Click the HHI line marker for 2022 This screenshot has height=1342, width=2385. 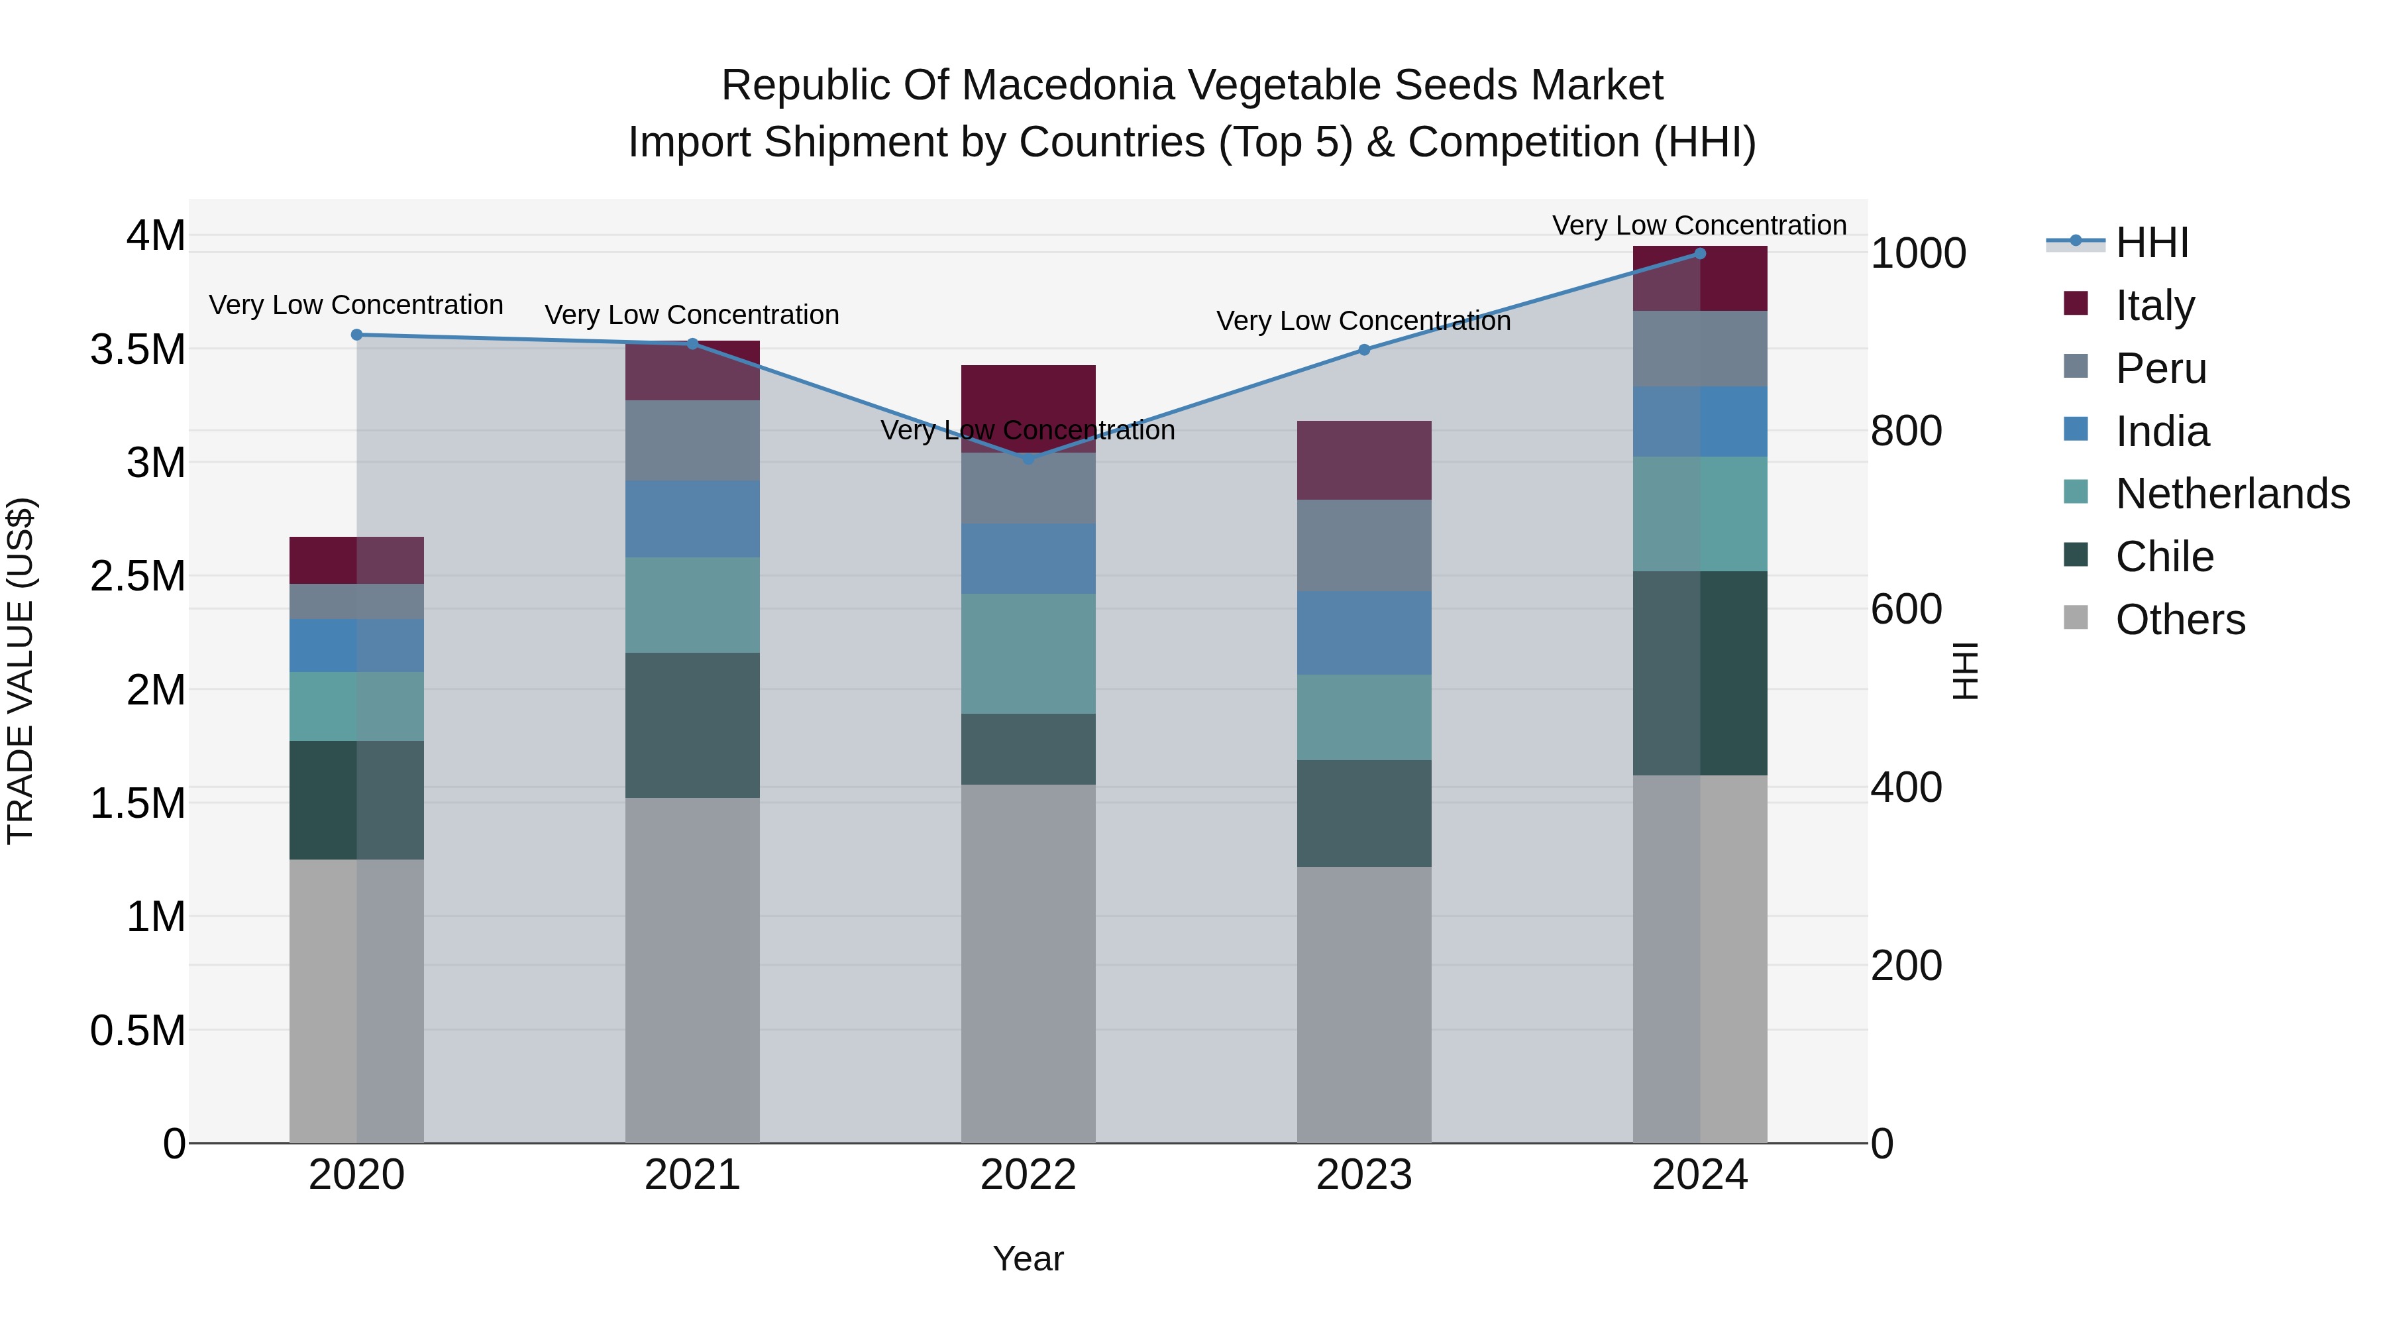tap(1028, 459)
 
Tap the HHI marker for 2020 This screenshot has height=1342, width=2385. tap(356, 335)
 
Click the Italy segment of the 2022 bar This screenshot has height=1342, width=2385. tap(1028, 408)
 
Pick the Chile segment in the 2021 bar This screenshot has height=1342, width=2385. tap(692, 724)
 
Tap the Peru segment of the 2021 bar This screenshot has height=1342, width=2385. tap(692, 440)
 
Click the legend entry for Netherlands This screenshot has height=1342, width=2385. tap(2231, 494)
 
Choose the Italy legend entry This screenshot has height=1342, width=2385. tap(2154, 305)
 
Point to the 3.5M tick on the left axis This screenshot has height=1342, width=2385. tap(138, 350)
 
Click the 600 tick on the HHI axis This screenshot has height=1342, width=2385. tap(1905, 610)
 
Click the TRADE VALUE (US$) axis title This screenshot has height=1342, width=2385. tap(21, 671)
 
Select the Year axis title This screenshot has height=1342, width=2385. tap(1028, 1258)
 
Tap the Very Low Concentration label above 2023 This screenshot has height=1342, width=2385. tap(1363, 321)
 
